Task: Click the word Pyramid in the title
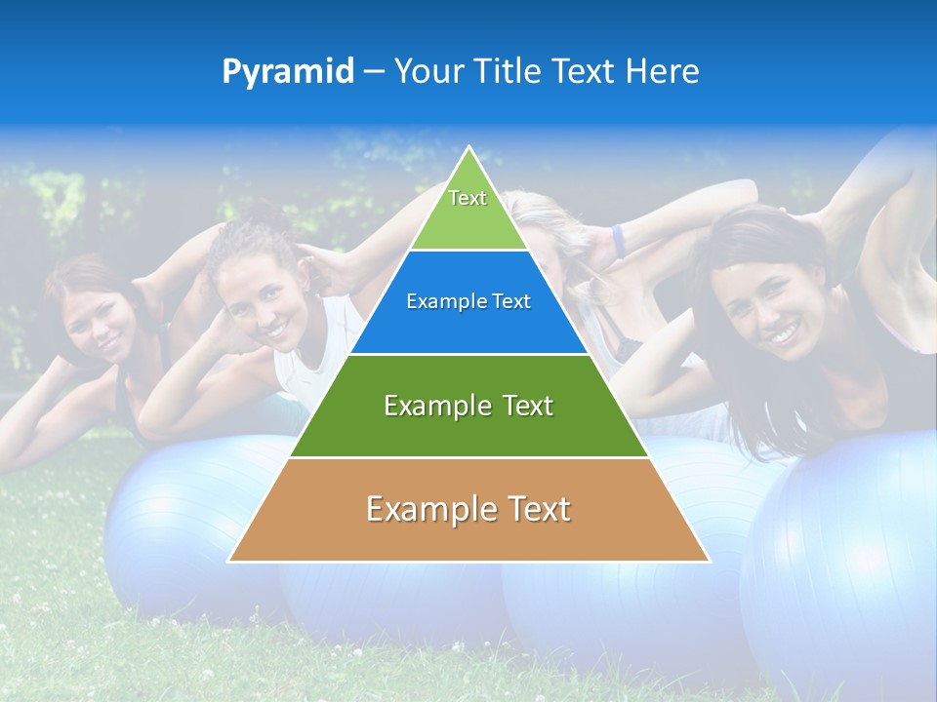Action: click(287, 72)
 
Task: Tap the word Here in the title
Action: click(663, 72)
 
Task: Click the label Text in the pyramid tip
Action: click(468, 198)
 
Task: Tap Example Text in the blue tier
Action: click(468, 301)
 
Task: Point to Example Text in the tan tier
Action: click(468, 509)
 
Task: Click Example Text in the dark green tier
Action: click(468, 406)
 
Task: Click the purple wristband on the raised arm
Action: click(618, 240)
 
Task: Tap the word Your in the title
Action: click(427, 72)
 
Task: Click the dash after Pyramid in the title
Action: click(373, 72)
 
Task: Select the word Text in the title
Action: click(585, 72)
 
